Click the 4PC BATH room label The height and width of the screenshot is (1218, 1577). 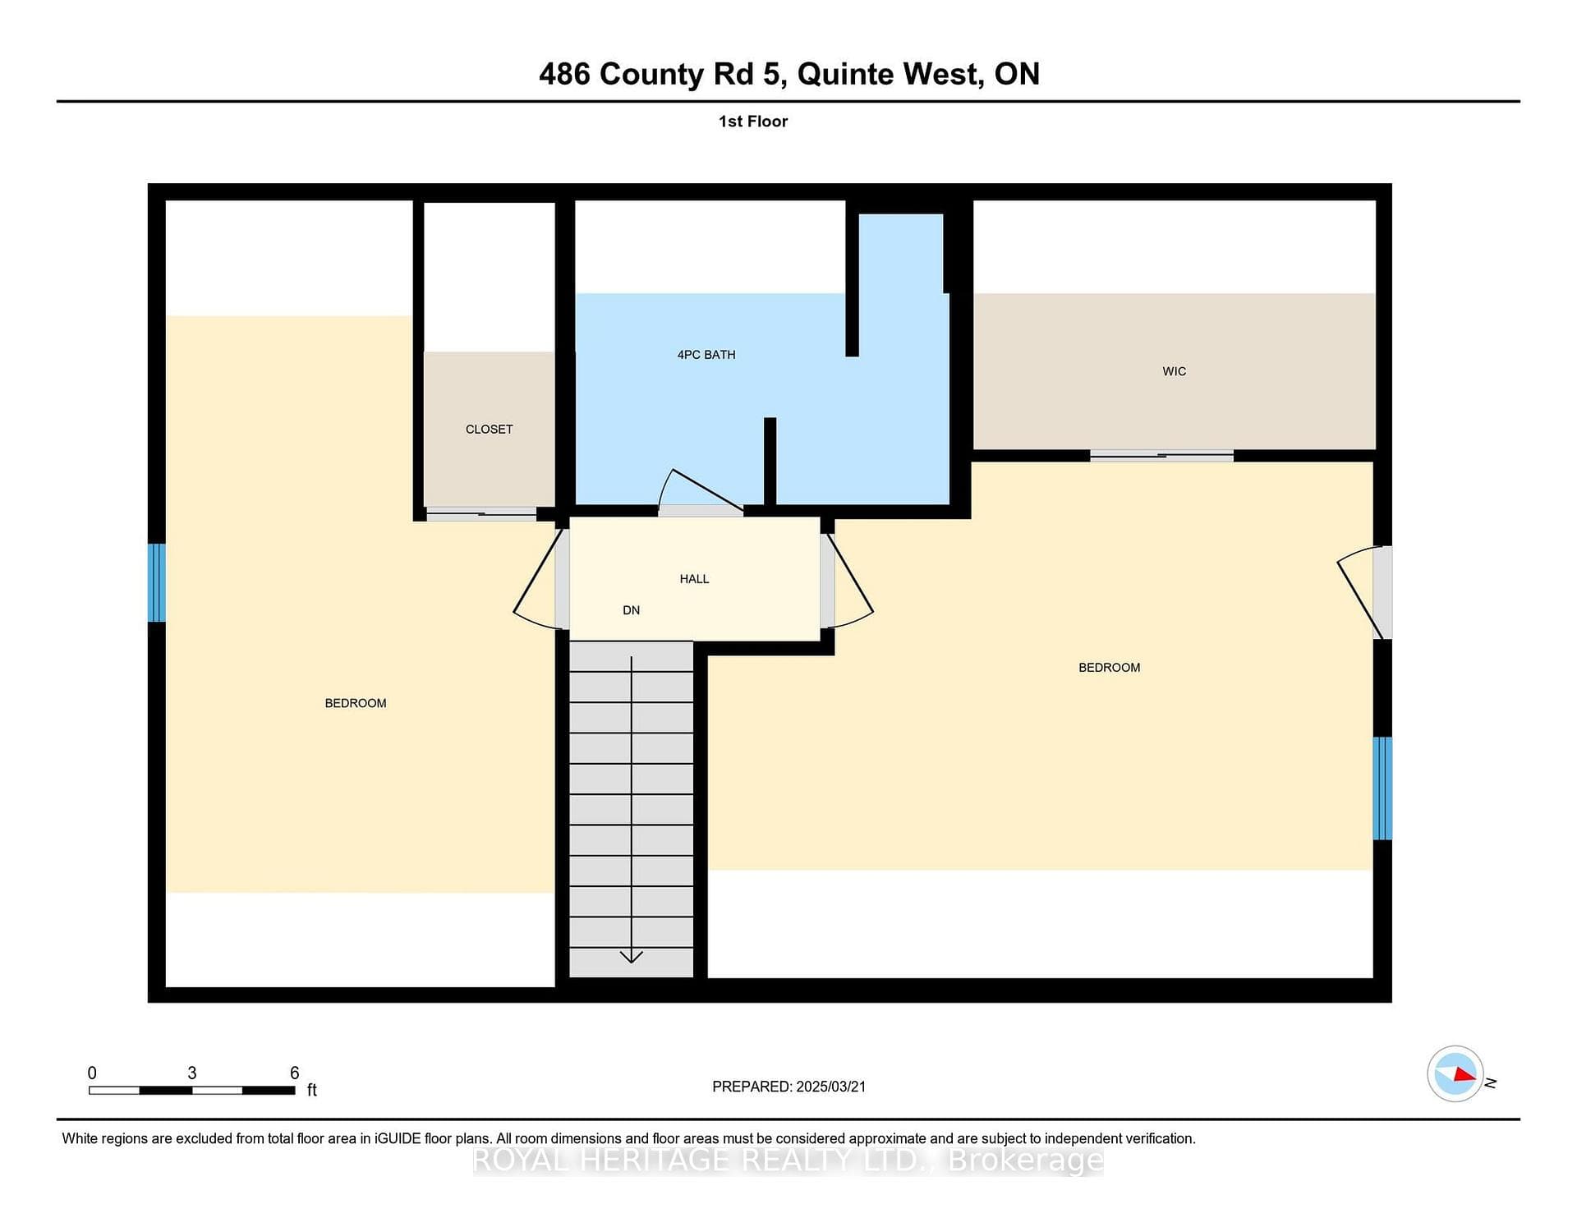(x=706, y=355)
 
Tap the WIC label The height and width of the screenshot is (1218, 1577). (x=1175, y=371)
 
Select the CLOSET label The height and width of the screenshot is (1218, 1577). (x=490, y=430)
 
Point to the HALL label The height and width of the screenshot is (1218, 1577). (x=694, y=579)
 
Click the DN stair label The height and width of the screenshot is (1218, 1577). (x=631, y=610)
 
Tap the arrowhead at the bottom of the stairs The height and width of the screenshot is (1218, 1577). (x=631, y=956)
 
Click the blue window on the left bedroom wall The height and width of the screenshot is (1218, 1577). (x=157, y=582)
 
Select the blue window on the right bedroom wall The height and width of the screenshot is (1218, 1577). (x=1383, y=788)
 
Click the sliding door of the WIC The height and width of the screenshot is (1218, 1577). (x=1161, y=456)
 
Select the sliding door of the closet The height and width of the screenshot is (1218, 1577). (x=481, y=514)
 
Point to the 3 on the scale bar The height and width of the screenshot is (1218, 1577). (x=192, y=1073)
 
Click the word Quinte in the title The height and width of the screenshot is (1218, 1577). (x=846, y=75)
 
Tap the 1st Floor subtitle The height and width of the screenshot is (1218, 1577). (x=753, y=122)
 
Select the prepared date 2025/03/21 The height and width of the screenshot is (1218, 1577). (x=831, y=1087)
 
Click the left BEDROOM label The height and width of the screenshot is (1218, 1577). (x=356, y=703)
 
